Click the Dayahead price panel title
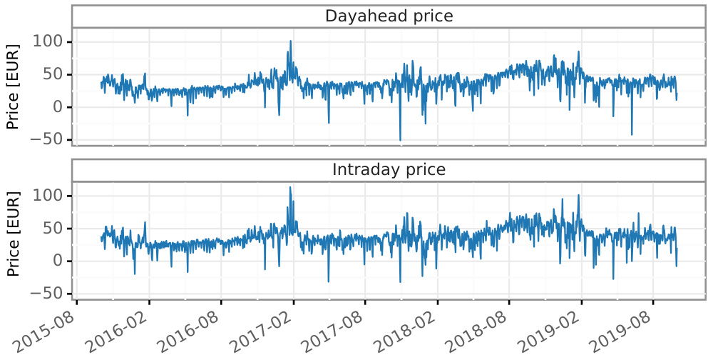coord(389,16)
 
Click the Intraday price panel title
coord(389,170)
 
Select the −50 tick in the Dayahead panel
coord(49,140)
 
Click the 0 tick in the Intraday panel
coord(60,261)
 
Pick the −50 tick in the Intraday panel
coord(49,294)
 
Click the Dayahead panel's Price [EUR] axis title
coord(13,86)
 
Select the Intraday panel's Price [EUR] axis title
coord(13,234)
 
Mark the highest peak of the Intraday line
coord(290,187)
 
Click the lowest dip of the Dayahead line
coord(400,140)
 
